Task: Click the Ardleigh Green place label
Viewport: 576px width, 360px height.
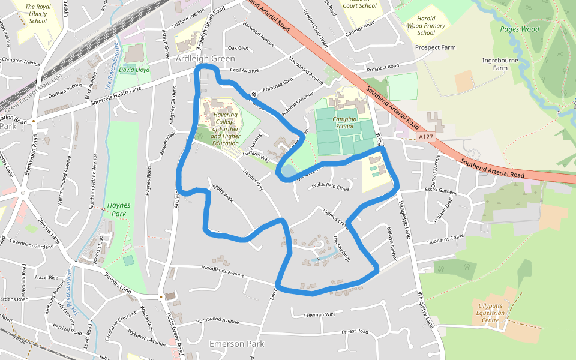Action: point(205,59)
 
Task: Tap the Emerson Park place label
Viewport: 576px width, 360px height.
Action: point(236,344)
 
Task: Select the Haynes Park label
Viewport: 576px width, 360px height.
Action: point(117,209)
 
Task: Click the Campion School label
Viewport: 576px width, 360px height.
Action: point(344,122)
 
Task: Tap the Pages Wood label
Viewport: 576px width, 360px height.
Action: point(519,28)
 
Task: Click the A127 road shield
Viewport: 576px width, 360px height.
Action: point(425,137)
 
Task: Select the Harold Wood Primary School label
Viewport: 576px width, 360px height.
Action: point(426,26)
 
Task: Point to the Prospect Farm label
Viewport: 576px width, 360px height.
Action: point(436,47)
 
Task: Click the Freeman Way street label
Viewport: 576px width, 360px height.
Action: point(319,314)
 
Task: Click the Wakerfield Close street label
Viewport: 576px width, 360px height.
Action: point(330,187)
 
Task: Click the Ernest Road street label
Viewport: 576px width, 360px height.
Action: point(355,331)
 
